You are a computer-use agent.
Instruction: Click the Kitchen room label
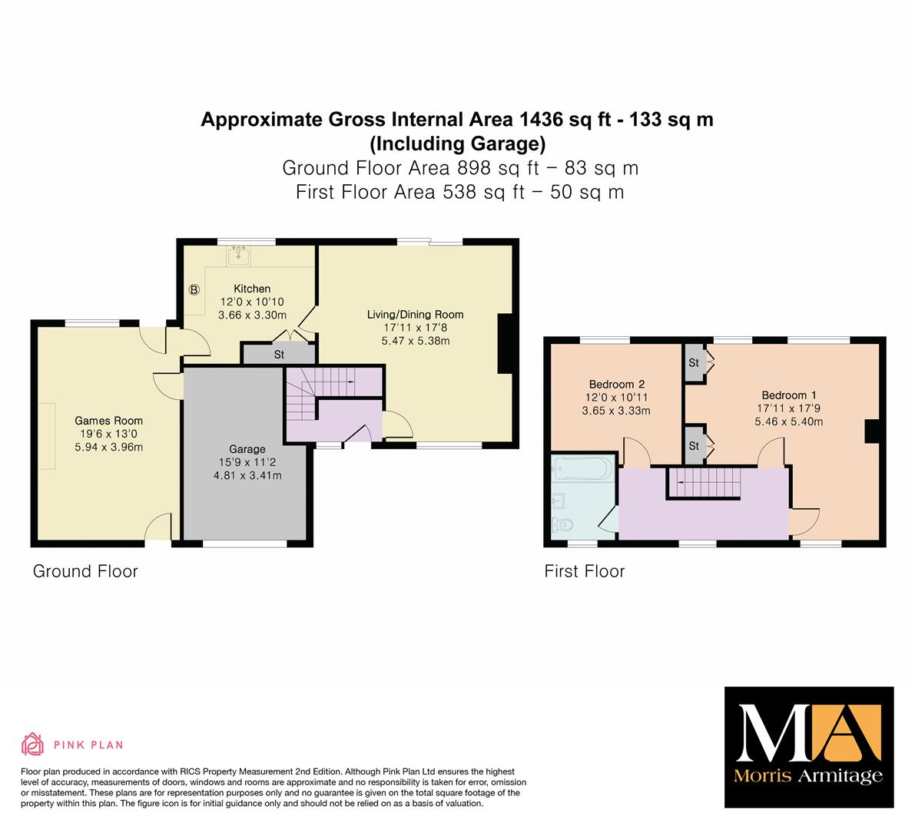click(x=252, y=289)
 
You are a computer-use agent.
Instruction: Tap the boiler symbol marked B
click(x=194, y=289)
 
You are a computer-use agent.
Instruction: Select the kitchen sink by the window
click(x=239, y=255)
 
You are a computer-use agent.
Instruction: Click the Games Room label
click(x=108, y=421)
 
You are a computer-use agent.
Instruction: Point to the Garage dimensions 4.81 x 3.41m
click(x=247, y=476)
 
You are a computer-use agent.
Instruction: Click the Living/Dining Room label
click(x=415, y=315)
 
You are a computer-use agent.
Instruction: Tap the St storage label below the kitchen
click(x=279, y=355)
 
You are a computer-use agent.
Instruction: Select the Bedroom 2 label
click(x=617, y=385)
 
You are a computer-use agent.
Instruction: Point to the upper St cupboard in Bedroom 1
click(x=694, y=362)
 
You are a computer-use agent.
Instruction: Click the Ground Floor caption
click(x=85, y=571)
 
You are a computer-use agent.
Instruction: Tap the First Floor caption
click(x=584, y=571)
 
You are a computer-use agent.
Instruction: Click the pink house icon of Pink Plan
click(x=33, y=744)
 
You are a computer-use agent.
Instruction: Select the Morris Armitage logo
click(x=809, y=747)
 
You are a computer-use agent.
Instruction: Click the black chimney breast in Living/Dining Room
click(x=505, y=343)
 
